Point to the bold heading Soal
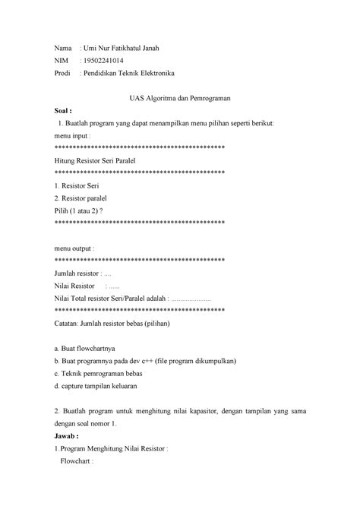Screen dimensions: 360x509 pyautogui.click(x=65, y=111)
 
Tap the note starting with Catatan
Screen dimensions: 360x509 pyautogui.click(x=112, y=323)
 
